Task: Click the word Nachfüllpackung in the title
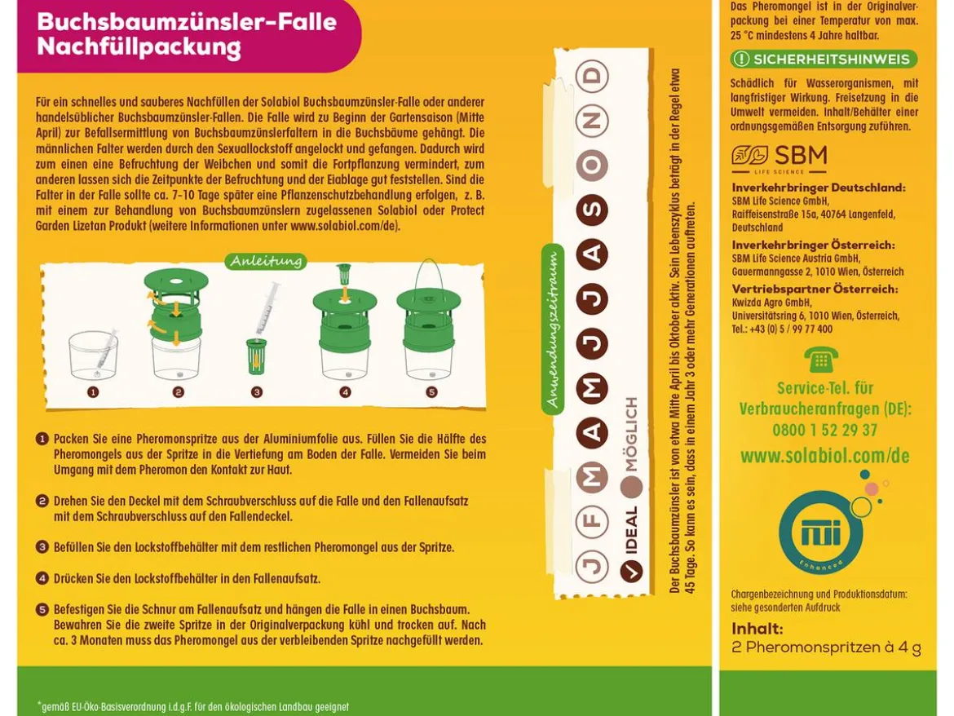[139, 46]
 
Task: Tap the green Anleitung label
[266, 261]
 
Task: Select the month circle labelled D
[592, 76]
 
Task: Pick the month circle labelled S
[592, 210]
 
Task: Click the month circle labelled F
[592, 521]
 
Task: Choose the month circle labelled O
[592, 165]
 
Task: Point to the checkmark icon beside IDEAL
[632, 571]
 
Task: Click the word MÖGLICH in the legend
[631, 435]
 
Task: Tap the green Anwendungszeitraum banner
[553, 329]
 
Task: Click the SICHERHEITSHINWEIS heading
[824, 59]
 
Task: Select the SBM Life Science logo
[780, 159]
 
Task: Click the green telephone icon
[821, 360]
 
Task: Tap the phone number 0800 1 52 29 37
[825, 430]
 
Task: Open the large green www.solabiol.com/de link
[825, 456]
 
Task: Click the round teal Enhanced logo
[821, 533]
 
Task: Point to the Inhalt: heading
[757, 629]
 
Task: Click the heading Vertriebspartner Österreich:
[815, 289]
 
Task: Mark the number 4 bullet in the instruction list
[42, 578]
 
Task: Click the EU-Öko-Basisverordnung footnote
[193, 707]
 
